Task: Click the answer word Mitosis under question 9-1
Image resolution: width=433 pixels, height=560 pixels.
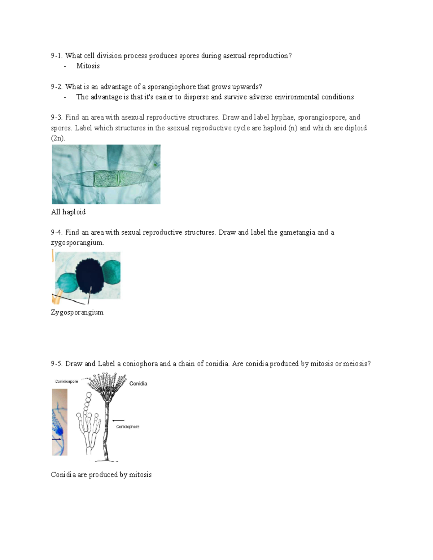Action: click(x=88, y=66)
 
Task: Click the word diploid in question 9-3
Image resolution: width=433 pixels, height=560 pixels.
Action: click(x=355, y=128)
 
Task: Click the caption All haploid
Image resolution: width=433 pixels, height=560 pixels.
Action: click(x=68, y=212)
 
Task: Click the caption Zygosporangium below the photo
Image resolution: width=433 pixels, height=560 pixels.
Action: click(x=77, y=312)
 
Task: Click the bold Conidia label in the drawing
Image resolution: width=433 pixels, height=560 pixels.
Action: click(x=138, y=384)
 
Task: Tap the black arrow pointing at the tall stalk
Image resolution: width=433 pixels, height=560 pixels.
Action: click(x=118, y=420)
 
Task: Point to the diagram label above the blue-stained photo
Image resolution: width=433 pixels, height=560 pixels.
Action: click(x=66, y=381)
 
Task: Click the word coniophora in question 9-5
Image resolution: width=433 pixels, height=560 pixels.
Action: click(x=140, y=364)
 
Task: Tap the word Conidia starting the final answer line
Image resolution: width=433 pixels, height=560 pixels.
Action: click(x=63, y=475)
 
